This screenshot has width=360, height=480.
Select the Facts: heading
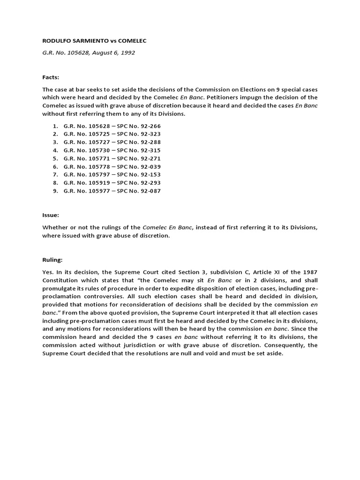(x=51, y=77)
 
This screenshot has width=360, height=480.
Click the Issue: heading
(x=51, y=215)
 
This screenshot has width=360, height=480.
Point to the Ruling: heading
(x=52, y=259)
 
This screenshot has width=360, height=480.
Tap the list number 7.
(x=55, y=175)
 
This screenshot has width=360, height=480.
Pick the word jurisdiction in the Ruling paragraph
(x=143, y=345)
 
